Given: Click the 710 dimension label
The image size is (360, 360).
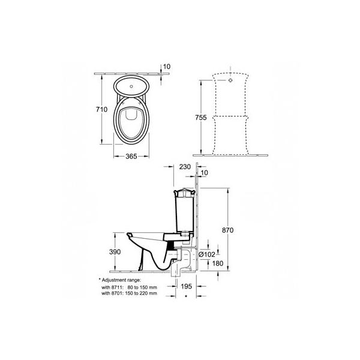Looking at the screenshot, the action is pyautogui.click(x=101, y=109).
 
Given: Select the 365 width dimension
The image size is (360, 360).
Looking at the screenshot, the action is pyautogui.click(x=131, y=157).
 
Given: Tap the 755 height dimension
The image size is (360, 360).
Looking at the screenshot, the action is pyautogui.click(x=201, y=118).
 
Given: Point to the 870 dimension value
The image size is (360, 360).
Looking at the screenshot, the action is pyautogui.click(x=227, y=230).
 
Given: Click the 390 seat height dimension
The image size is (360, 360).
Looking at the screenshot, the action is pyautogui.click(x=115, y=252).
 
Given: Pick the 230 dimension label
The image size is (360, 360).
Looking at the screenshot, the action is pyautogui.click(x=185, y=167).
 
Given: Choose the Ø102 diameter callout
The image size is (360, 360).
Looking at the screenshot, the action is pyautogui.click(x=206, y=254).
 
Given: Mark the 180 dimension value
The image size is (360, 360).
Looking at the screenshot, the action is pyautogui.click(x=217, y=263).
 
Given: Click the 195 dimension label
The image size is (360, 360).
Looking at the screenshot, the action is pyautogui.click(x=186, y=286).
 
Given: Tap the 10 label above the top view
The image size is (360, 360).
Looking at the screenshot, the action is pyautogui.click(x=167, y=67).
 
